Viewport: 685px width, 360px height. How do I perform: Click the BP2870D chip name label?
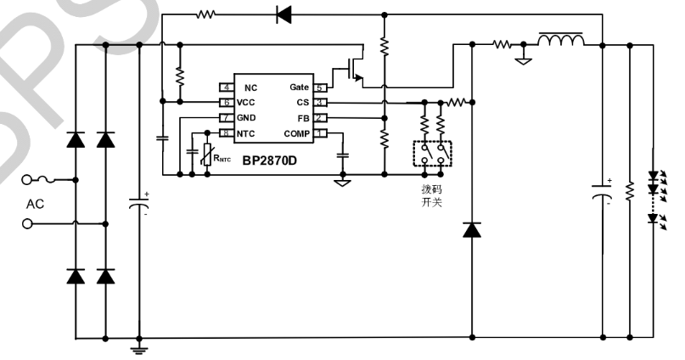pyautogui.click(x=267, y=160)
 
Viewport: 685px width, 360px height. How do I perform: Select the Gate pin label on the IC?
pyautogui.click(x=299, y=87)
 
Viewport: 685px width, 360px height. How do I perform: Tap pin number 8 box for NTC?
pyautogui.click(x=227, y=132)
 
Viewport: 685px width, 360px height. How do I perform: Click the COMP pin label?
pyautogui.click(x=296, y=132)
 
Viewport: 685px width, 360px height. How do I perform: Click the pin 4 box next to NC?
pyautogui.click(x=227, y=87)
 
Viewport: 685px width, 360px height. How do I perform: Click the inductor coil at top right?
pyautogui.click(x=561, y=41)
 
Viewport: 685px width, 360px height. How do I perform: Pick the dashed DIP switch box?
pyautogui.click(x=432, y=154)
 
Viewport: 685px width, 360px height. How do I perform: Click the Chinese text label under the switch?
pyautogui.click(x=432, y=196)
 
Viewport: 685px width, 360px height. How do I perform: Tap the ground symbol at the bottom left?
pyautogui.click(x=138, y=346)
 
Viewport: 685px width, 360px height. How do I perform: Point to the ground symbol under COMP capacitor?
pyautogui.click(x=343, y=181)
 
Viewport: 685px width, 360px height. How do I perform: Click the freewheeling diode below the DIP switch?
pyautogui.click(x=472, y=228)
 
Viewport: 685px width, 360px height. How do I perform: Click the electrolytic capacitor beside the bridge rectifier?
pyautogui.click(x=138, y=204)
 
